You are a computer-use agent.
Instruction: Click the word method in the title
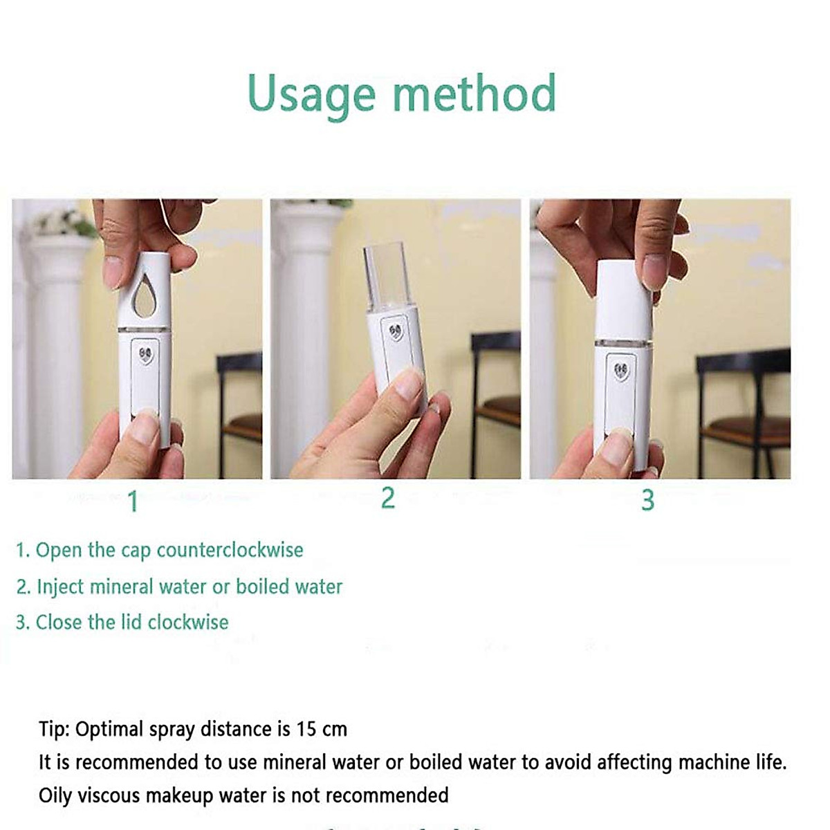point(474,93)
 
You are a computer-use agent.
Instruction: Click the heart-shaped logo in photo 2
point(396,332)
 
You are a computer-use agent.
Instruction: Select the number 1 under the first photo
point(133,501)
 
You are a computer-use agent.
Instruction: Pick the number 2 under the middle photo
point(388,498)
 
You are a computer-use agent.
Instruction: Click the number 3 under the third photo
point(647,500)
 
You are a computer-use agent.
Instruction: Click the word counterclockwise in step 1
point(230,551)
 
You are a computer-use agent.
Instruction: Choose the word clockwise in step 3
point(187,622)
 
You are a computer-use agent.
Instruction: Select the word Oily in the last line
point(55,795)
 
